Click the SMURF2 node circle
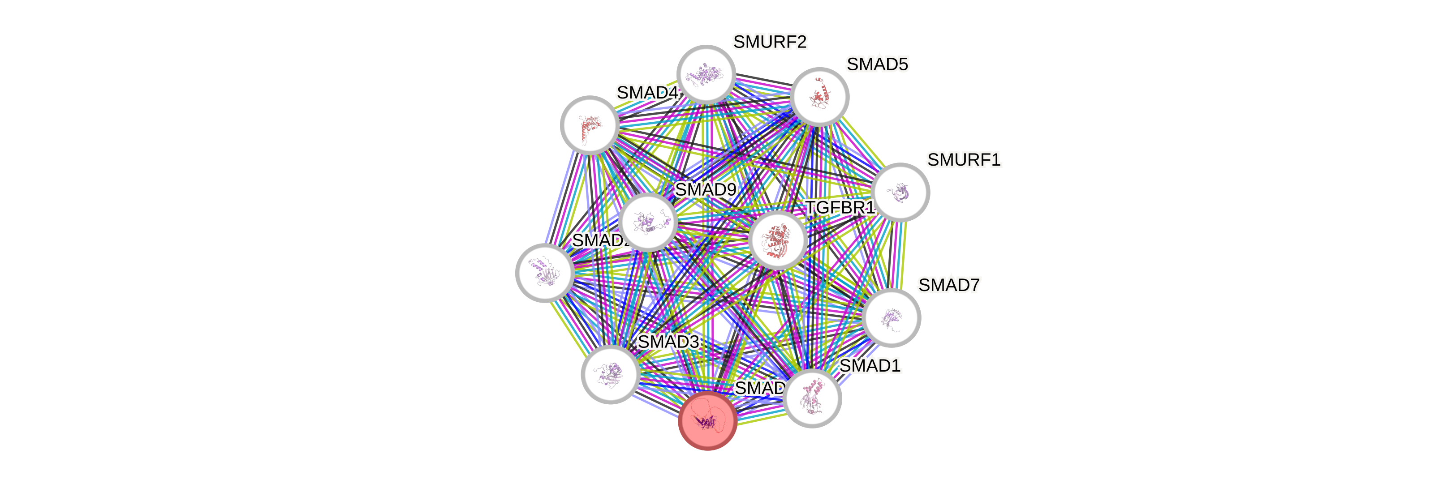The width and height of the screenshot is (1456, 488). pyautogui.click(x=706, y=74)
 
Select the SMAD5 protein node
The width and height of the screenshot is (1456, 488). pyautogui.click(x=819, y=97)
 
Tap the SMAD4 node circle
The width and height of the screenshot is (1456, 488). pyautogui.click(x=590, y=125)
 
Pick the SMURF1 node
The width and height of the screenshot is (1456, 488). pyautogui.click(x=900, y=192)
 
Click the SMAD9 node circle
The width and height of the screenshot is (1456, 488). pyautogui.click(x=648, y=222)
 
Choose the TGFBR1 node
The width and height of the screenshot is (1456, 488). pyautogui.click(x=778, y=240)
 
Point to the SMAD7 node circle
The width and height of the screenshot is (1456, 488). pyautogui.click(x=892, y=317)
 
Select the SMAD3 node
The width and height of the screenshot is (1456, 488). pyautogui.click(x=611, y=374)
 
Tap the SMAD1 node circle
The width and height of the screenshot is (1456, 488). pyautogui.click(x=812, y=398)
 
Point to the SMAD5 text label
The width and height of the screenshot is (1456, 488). pyautogui.click(x=877, y=64)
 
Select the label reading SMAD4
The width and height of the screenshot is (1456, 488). pyautogui.click(x=647, y=92)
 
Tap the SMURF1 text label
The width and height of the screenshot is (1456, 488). pyautogui.click(x=964, y=160)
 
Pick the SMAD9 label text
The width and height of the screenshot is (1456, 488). pyautogui.click(x=706, y=189)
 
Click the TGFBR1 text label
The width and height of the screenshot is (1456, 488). pyautogui.click(x=840, y=208)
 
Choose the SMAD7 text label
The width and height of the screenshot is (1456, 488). pyautogui.click(x=948, y=285)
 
